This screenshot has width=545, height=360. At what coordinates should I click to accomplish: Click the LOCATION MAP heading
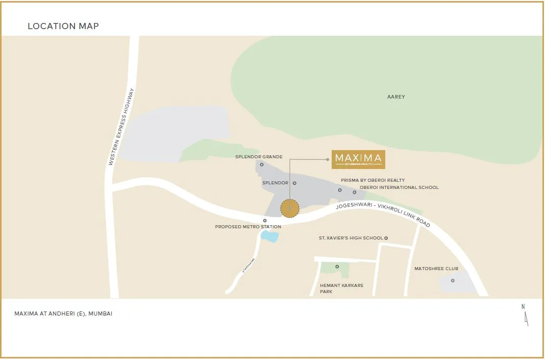pyautogui.click(x=63, y=26)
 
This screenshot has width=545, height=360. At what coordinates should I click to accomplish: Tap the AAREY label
pyautogui.click(x=396, y=97)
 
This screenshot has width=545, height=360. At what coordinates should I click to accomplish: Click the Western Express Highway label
pyautogui.click(x=121, y=127)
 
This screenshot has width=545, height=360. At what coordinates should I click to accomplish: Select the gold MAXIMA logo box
pyautogui.click(x=358, y=159)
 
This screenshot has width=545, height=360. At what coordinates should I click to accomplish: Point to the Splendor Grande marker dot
pyautogui.click(x=262, y=164)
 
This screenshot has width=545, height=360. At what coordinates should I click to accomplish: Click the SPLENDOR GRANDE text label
pyautogui.click(x=259, y=157)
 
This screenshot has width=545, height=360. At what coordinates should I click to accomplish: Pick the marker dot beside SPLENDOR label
pyautogui.click(x=294, y=183)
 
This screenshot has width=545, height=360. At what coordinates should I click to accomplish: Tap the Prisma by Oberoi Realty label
pyautogui.click(x=373, y=180)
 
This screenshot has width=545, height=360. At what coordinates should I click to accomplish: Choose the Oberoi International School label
pyautogui.click(x=399, y=187)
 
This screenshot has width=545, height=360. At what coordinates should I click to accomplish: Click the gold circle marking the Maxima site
pyautogui.click(x=290, y=208)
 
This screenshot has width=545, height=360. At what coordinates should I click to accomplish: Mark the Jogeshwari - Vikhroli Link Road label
pyautogui.click(x=383, y=214)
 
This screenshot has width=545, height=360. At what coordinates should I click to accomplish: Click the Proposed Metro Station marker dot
pyautogui.click(x=265, y=221)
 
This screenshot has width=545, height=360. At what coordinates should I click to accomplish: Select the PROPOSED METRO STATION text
pyautogui.click(x=248, y=227)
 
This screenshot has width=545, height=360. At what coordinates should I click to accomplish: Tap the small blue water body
pyautogui.click(x=270, y=236)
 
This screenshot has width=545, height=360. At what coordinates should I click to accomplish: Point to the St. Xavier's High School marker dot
pyautogui.click(x=386, y=238)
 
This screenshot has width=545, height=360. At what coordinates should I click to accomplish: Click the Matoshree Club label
pyautogui.click(x=436, y=269)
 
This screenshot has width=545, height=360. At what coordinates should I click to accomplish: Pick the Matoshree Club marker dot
pyautogui.click(x=453, y=280)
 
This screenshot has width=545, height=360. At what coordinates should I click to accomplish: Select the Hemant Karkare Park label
pyautogui.click(x=341, y=289)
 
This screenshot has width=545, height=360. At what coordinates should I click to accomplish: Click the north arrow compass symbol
pyautogui.click(x=525, y=315)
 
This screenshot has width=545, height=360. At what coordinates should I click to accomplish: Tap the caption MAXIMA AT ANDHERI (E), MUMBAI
pyautogui.click(x=63, y=314)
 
